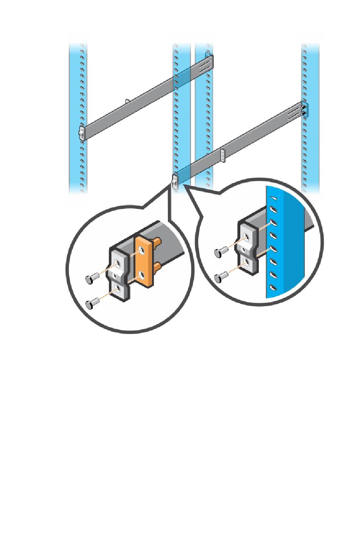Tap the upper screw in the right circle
[220, 252]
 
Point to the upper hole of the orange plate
[142, 251]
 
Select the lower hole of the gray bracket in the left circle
[119, 289]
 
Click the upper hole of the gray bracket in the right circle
[247, 237]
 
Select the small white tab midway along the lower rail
[223, 155]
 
